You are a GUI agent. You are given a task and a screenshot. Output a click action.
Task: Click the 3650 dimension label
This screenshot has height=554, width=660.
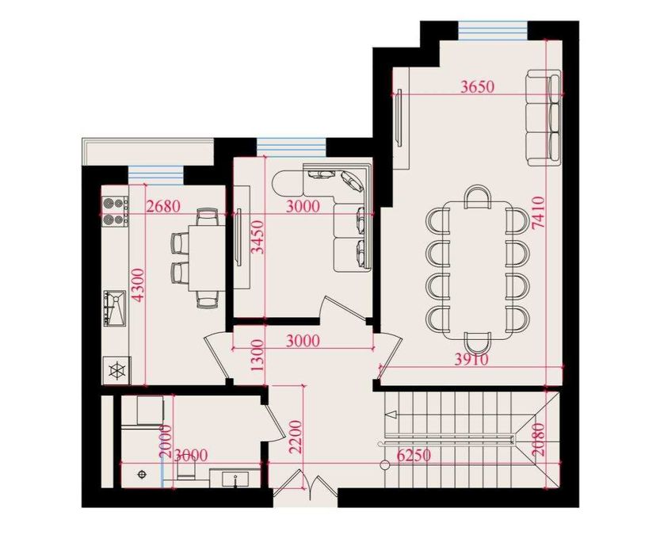(x=477, y=88)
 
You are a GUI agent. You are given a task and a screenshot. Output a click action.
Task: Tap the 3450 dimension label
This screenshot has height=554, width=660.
(x=255, y=235)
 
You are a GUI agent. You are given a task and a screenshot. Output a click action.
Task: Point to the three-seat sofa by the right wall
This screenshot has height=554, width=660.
(x=544, y=117)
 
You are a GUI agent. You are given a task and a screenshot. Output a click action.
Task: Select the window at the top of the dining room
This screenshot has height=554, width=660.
(x=493, y=30)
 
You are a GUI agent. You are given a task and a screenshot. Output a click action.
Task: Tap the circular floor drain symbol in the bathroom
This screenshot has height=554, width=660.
(x=143, y=473)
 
